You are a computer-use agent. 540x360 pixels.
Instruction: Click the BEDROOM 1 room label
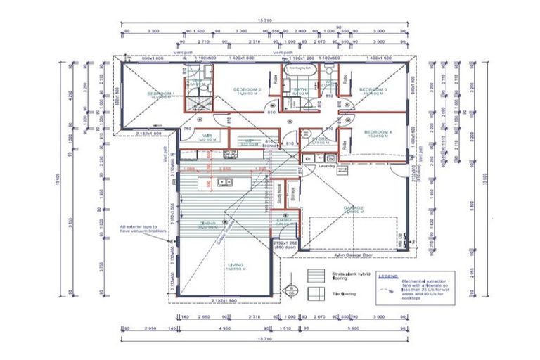click(x=160, y=93)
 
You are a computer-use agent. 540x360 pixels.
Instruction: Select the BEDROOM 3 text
click(x=373, y=90)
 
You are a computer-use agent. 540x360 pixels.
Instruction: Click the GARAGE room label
click(x=353, y=208)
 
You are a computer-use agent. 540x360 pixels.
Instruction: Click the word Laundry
click(x=325, y=167)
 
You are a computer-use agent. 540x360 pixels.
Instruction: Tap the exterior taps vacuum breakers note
click(x=143, y=230)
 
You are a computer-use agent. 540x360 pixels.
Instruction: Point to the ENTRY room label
click(x=284, y=221)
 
